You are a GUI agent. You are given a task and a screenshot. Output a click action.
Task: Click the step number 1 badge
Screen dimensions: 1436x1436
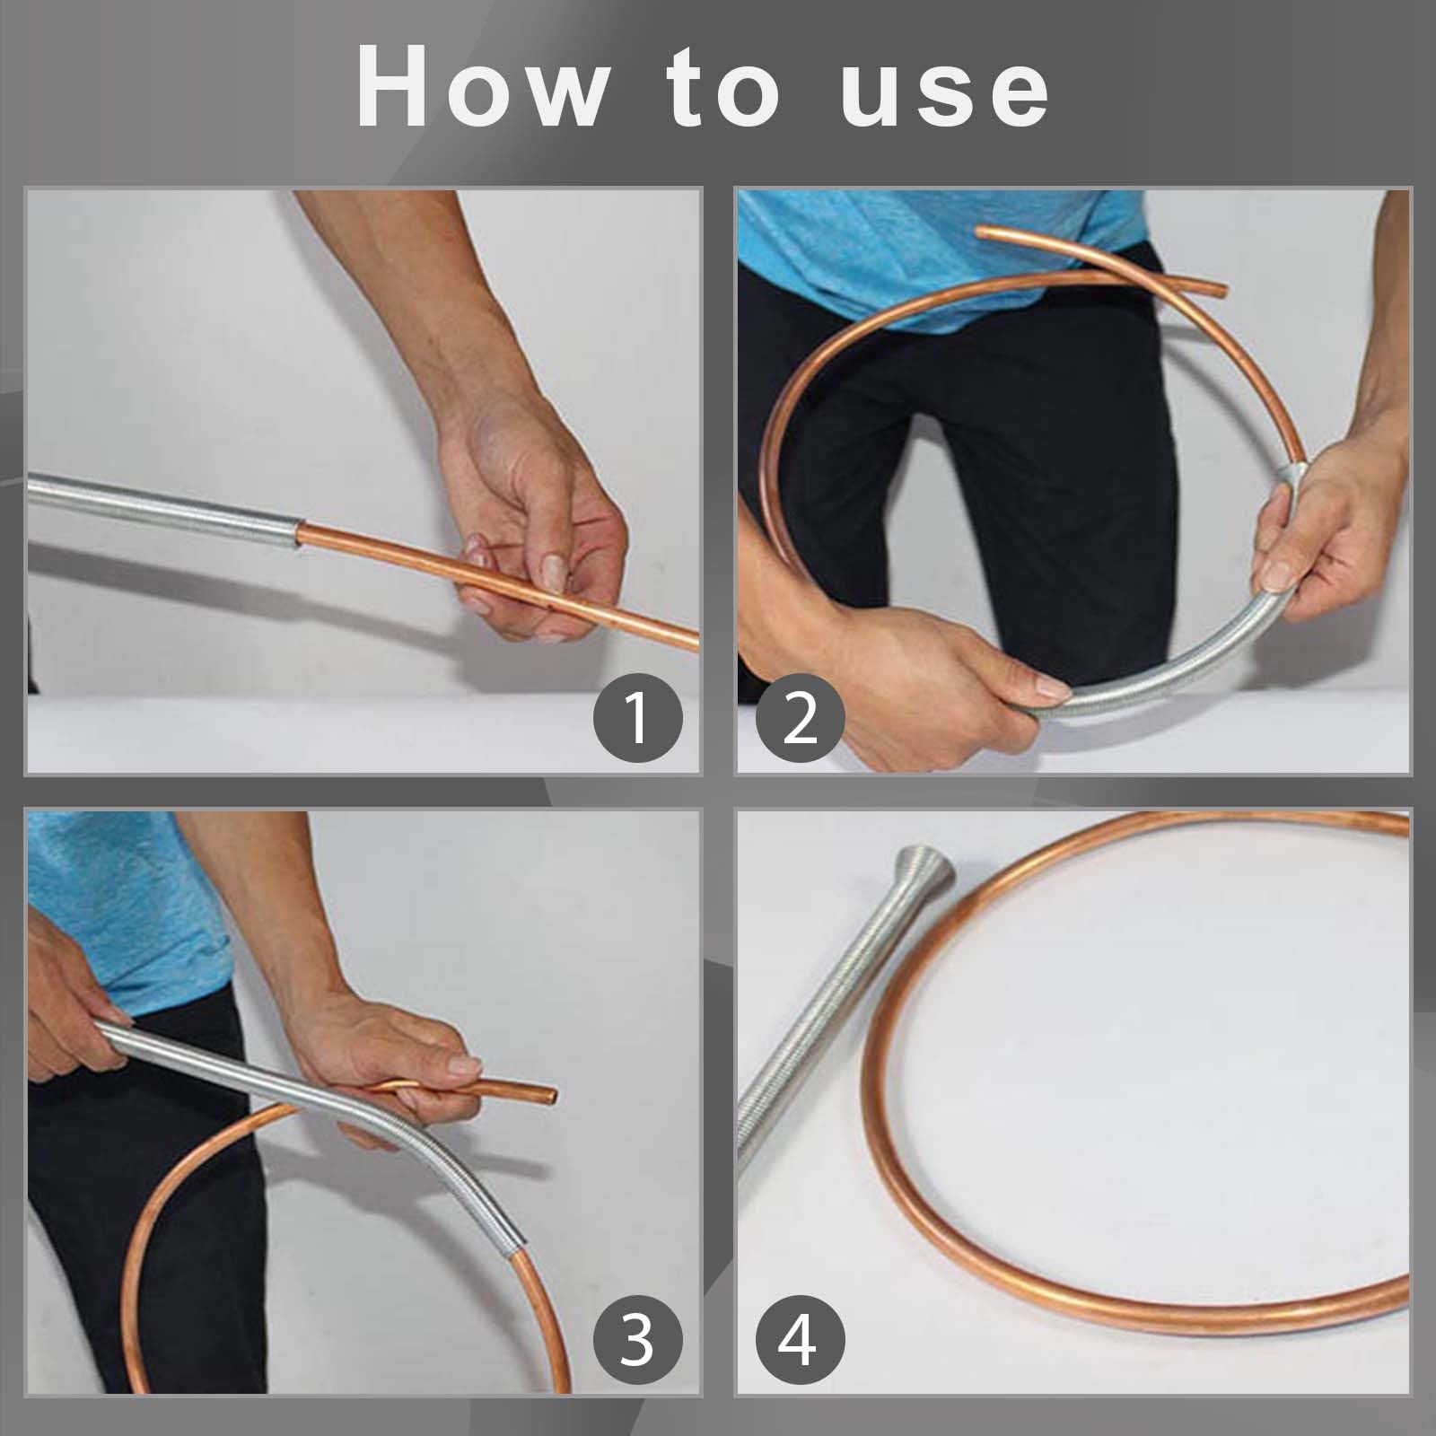click(638, 718)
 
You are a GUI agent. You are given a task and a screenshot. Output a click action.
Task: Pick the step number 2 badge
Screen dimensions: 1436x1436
click(800, 718)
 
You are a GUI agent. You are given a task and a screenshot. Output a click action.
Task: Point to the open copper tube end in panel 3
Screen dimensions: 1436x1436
click(548, 1096)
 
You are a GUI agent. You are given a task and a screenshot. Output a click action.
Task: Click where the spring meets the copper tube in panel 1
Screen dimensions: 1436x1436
click(300, 536)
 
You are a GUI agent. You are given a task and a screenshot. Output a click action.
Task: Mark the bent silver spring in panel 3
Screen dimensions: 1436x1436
click(332, 1131)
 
